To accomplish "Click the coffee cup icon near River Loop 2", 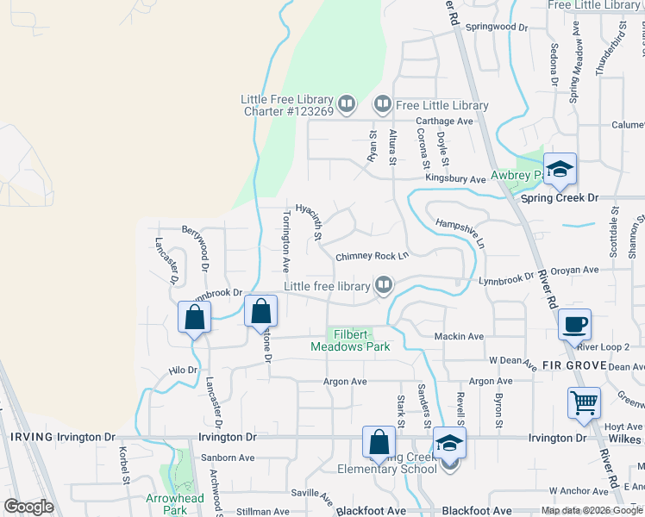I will coord(573,324).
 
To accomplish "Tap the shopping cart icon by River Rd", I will coord(584,402).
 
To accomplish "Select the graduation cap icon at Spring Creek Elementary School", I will coord(448,443).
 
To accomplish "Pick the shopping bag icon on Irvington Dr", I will coord(379,442).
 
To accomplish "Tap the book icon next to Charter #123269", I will coord(347,104).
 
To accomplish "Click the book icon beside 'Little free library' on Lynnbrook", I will coord(384,284).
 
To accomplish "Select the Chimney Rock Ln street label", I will coord(372,256).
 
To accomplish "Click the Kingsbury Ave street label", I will coord(455,179).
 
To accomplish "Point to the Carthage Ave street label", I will coord(444,121).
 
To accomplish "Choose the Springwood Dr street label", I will coord(496,28).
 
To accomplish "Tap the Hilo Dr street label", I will coord(184,370).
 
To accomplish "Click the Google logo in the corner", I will coord(28,507).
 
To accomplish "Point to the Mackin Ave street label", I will coord(459,336).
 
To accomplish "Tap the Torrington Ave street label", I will coord(285,237).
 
